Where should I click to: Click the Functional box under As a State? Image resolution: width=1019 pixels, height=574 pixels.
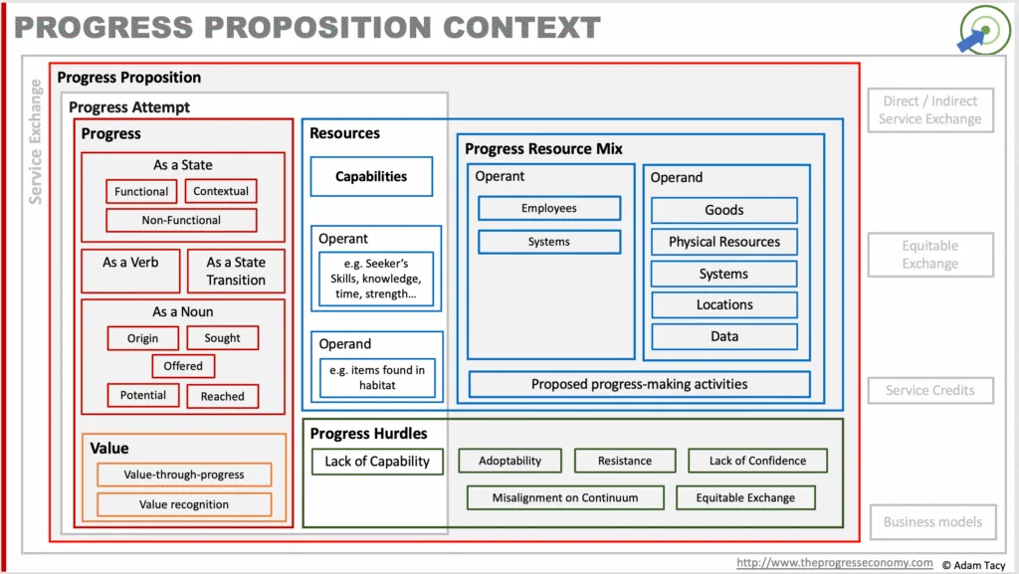pos(141,192)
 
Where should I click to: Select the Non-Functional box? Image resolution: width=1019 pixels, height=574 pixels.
pos(181,220)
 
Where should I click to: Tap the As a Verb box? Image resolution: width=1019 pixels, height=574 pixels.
pos(130,271)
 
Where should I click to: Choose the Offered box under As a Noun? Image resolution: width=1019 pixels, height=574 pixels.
pos(183,366)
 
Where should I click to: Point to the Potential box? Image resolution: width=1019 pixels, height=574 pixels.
pos(143,396)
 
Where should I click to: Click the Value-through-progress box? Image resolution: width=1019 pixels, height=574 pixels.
pos(184,475)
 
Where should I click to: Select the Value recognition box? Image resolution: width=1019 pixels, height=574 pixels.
pos(184,504)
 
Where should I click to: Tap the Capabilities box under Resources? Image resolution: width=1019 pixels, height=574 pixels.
pos(371,177)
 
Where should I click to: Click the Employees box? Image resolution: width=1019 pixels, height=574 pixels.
pos(549,209)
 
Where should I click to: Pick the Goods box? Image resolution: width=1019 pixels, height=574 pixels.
pos(724,210)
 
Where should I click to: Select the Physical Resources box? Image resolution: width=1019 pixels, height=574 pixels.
pos(724,242)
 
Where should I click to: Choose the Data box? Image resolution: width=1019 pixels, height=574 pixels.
pos(724,336)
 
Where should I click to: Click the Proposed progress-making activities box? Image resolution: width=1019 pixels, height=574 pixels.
pos(640,384)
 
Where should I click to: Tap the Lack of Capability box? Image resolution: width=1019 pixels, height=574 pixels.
pos(377,462)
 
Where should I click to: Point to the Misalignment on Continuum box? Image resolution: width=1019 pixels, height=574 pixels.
pos(565,498)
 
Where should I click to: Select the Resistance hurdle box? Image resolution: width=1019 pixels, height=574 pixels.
pos(625,461)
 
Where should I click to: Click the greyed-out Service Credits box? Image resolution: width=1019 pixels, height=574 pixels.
pos(930,390)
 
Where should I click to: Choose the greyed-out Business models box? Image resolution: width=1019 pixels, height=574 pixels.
pos(932,522)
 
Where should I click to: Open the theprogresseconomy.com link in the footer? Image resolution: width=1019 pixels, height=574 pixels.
pos(835,563)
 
